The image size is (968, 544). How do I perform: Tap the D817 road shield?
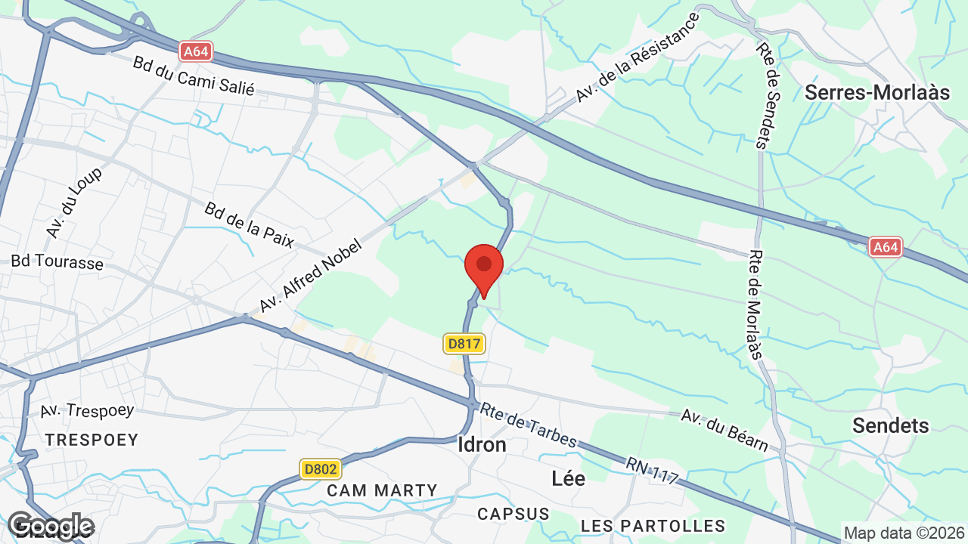464,344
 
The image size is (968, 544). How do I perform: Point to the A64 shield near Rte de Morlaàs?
885,246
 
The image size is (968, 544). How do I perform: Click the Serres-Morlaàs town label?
876,93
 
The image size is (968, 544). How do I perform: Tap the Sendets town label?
890,425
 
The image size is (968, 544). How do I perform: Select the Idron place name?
482,444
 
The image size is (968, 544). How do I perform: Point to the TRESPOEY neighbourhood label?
92,440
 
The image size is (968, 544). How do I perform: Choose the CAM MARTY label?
382,490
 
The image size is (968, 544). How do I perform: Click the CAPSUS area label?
513,514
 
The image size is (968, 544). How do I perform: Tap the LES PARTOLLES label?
653,525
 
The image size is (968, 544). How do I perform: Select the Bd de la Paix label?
249,220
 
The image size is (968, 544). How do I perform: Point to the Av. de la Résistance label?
638,57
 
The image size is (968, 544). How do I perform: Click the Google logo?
50,527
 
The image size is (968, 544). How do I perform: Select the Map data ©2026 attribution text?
903,533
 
